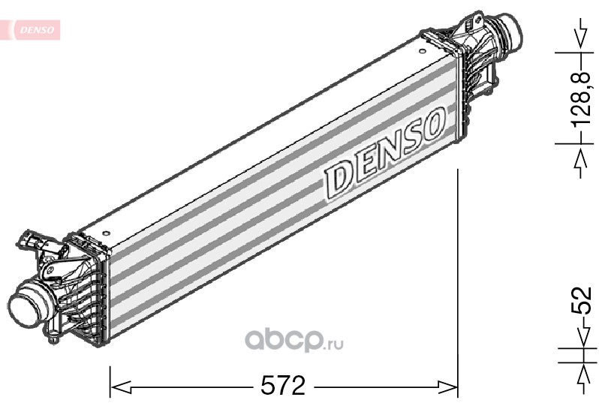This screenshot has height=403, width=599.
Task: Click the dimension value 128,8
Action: point(581,98)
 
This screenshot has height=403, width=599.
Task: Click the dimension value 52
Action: point(581,300)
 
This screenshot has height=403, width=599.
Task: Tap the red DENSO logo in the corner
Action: point(37,30)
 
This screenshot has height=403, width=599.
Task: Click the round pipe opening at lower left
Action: point(23,308)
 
